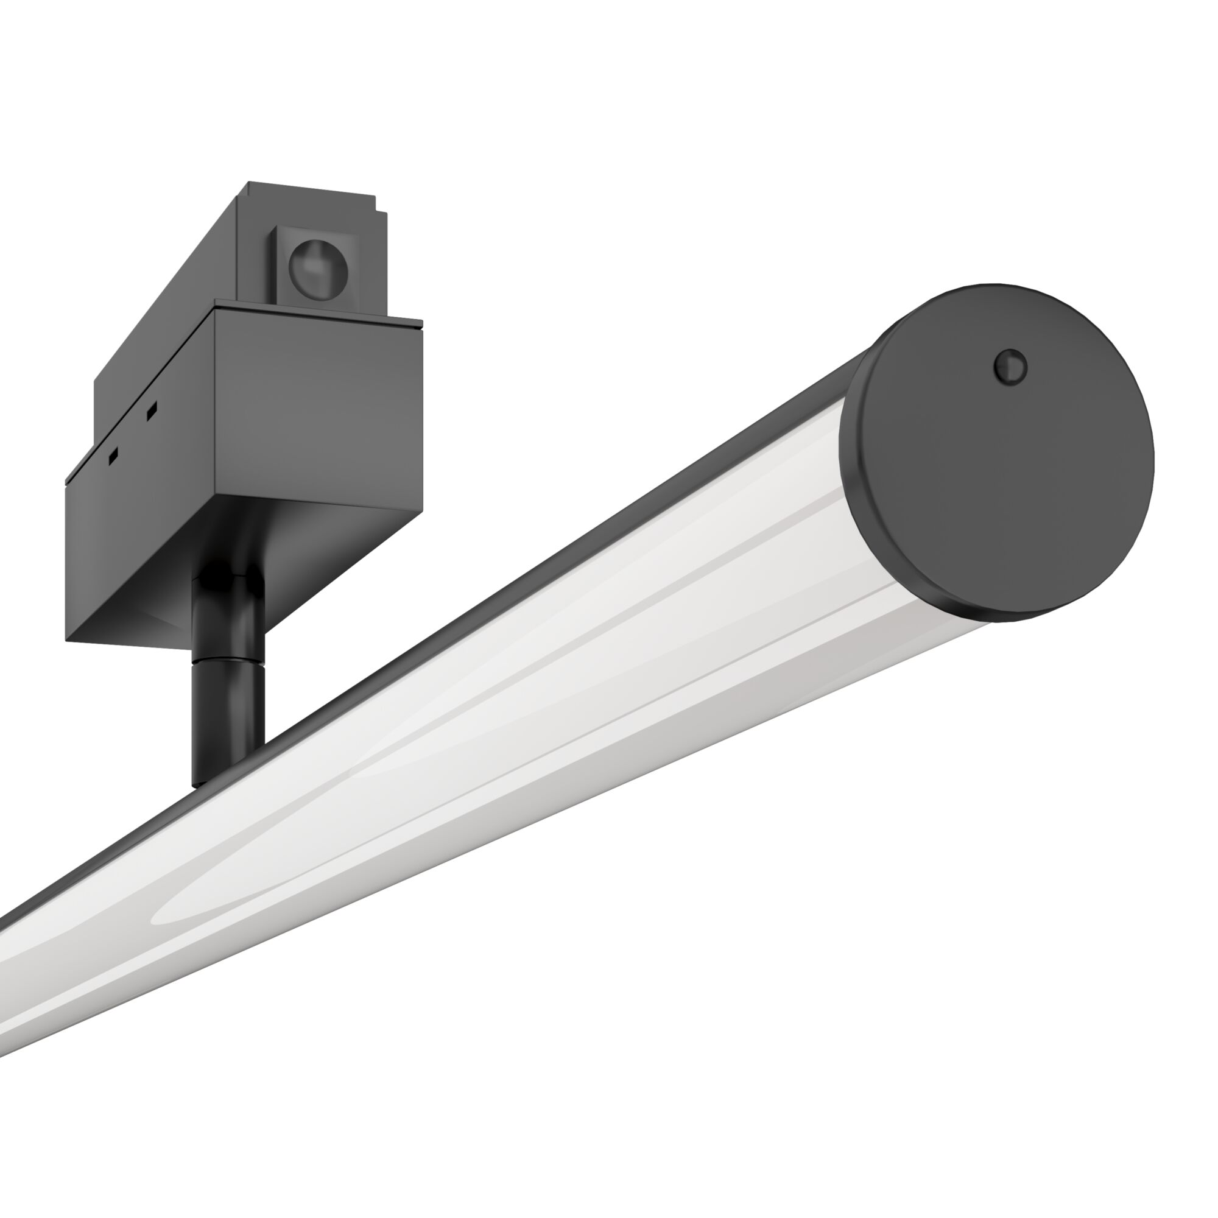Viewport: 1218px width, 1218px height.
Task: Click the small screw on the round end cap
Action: tap(1010, 366)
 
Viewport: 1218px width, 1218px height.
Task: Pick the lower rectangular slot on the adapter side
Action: tap(113, 455)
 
